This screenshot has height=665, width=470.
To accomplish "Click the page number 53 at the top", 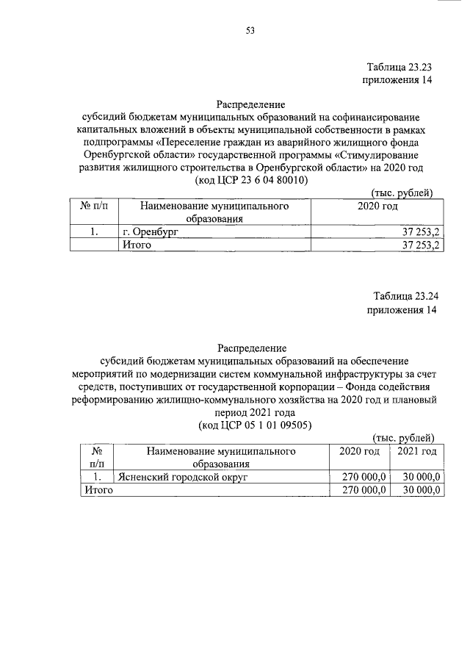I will (x=250, y=30).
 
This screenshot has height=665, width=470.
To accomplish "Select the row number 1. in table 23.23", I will (x=95, y=232).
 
